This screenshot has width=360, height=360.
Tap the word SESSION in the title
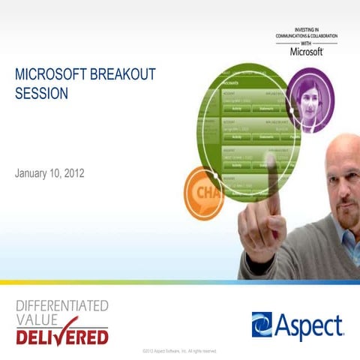pos(40,94)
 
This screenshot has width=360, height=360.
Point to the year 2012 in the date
pos(73,173)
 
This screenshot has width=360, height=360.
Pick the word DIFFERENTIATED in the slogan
pos(62,305)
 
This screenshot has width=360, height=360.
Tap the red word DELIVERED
pos(61,336)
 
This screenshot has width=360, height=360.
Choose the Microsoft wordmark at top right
pos(306,52)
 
